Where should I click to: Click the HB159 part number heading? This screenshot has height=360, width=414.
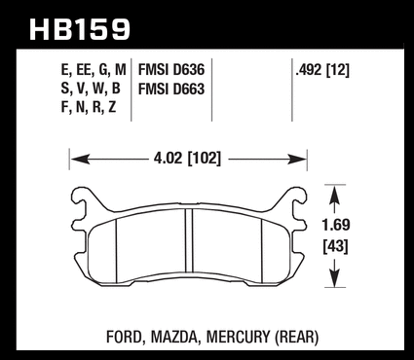[x=80, y=29]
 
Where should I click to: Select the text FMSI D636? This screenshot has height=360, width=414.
[x=171, y=70]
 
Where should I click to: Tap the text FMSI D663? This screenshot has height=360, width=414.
[x=171, y=89]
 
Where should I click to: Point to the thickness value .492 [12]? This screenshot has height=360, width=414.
[x=322, y=70]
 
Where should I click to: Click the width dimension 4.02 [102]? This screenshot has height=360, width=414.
[x=187, y=159]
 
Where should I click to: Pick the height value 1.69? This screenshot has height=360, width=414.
[x=336, y=225]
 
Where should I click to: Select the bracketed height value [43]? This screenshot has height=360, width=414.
[x=335, y=247]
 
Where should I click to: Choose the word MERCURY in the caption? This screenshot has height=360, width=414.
[x=238, y=337]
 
